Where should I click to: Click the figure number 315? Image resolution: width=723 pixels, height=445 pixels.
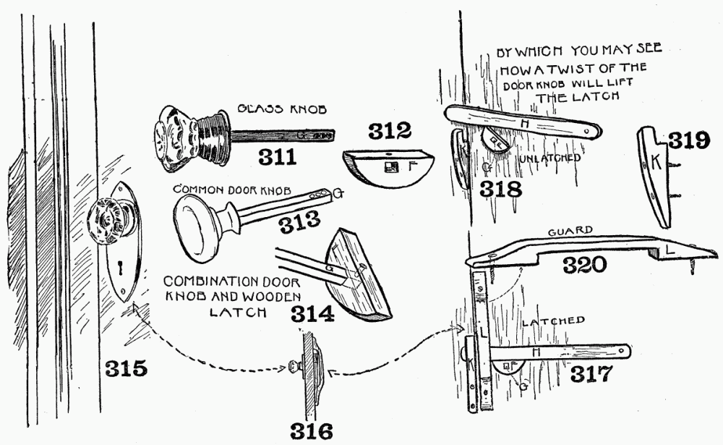coord(126,368)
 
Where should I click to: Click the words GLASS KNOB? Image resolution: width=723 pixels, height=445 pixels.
coord(282,109)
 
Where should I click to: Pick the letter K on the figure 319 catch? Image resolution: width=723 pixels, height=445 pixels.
coord(656,163)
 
